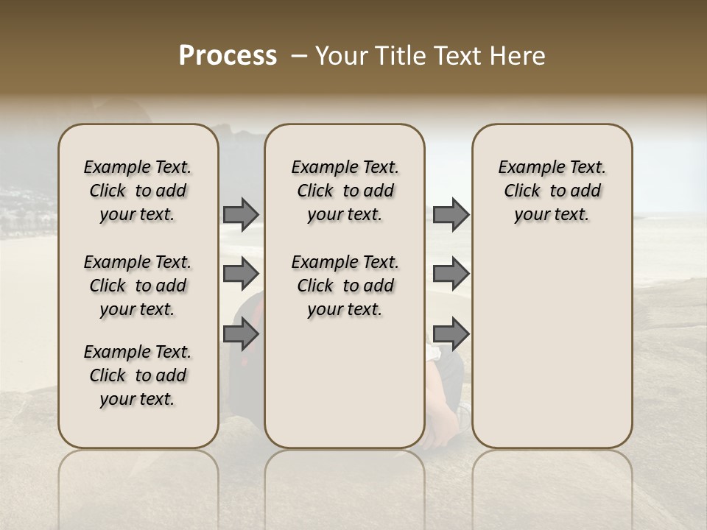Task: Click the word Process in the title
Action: point(228,56)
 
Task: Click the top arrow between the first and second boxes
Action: point(241,214)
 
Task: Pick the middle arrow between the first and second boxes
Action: point(241,274)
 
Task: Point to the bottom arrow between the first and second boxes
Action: point(241,334)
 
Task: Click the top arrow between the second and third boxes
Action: point(451,214)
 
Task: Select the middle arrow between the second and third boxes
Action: point(451,274)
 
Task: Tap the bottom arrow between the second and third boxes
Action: point(451,334)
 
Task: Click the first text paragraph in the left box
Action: point(138,191)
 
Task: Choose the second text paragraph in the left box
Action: point(138,286)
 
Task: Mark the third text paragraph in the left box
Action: point(138,375)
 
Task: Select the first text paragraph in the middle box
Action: point(345,191)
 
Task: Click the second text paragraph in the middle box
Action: point(345,286)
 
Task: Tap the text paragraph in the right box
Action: point(552,191)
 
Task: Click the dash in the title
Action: point(299,56)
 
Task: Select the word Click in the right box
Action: point(522,191)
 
